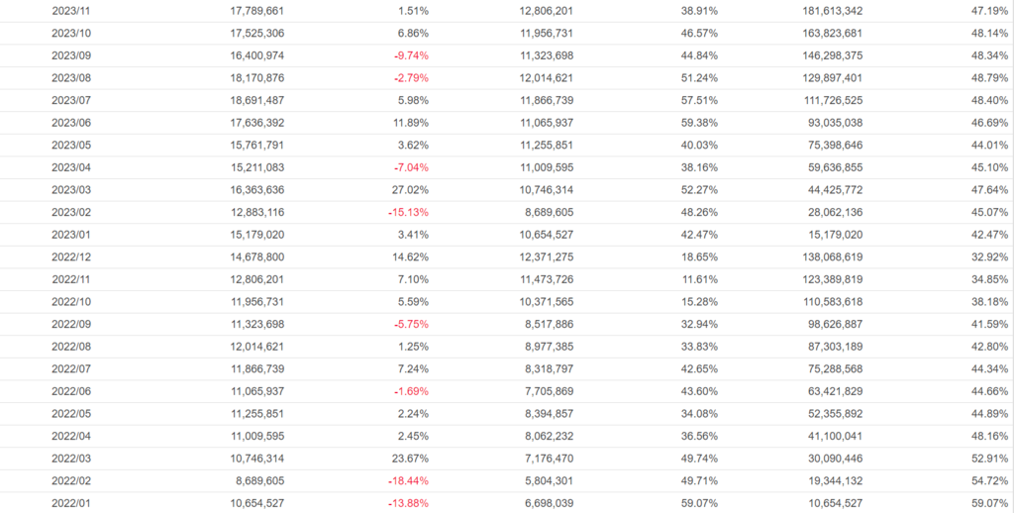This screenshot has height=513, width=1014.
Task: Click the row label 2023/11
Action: [71, 12]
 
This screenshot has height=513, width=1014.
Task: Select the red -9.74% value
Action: [409, 56]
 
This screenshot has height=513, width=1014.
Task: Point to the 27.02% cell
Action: [409, 190]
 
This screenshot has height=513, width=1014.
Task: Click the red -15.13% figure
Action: [406, 212]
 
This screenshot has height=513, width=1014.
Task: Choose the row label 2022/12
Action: [71, 256]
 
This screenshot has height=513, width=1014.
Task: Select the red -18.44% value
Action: [406, 479]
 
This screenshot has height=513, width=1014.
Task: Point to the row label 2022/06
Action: [71, 390]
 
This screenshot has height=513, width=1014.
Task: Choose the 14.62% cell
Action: [409, 256]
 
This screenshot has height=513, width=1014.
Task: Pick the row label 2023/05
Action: [71, 146]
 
